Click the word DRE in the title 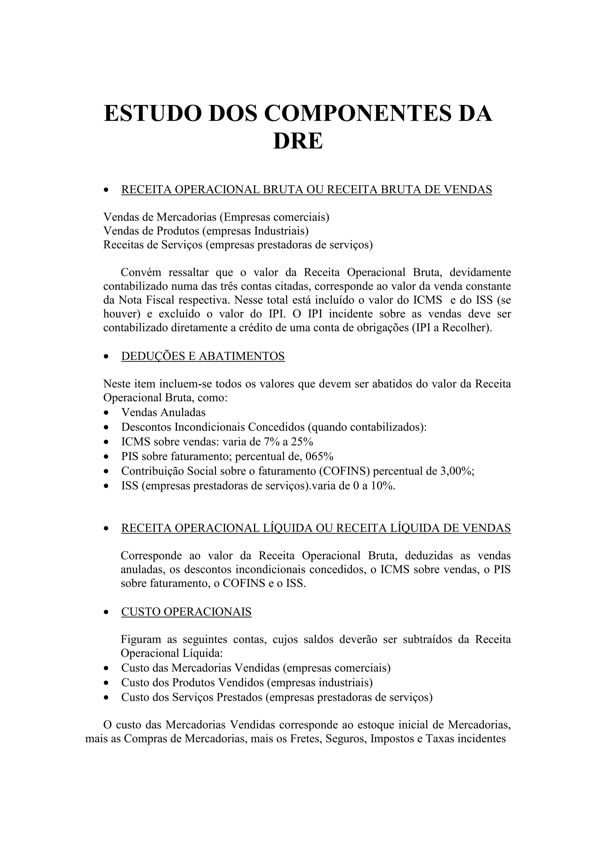pos(298,141)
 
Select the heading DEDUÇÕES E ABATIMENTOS pos(203,356)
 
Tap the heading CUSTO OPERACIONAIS pos(186,612)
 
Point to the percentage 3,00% pos(456,471)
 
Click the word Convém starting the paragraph pos(141,273)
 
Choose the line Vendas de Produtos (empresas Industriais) pos(206,231)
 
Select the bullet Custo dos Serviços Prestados pos(276,697)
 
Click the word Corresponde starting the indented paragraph pos(151,556)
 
